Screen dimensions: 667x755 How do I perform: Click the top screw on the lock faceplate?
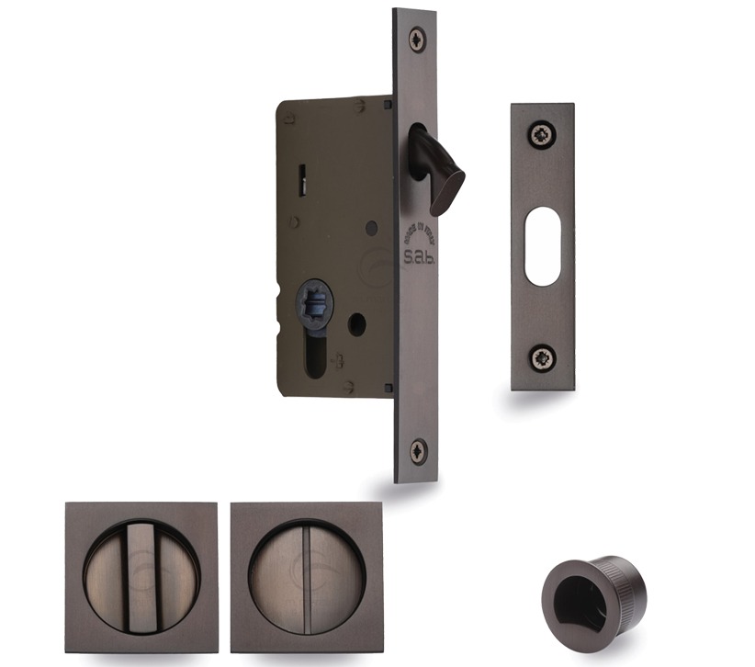point(418,40)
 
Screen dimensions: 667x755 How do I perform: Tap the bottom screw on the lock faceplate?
point(418,450)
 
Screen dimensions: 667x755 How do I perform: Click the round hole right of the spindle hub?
point(356,324)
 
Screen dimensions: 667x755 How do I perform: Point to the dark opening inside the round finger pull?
point(575,599)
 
